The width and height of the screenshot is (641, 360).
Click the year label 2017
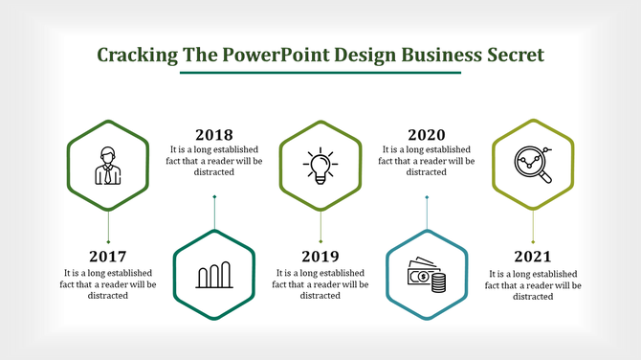107,257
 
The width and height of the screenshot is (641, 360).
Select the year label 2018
213,135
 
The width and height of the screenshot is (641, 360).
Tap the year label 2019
320,257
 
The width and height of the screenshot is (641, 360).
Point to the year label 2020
426,135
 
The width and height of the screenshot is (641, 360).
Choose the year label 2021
533,257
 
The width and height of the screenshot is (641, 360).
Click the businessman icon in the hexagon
107,166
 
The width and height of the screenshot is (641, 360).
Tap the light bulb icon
320,166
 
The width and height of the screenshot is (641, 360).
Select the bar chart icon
214,276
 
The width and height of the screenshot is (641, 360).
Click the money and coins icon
427,276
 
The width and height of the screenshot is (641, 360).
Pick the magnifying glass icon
533,165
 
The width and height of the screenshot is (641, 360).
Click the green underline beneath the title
320,73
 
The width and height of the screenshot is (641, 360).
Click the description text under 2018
213,161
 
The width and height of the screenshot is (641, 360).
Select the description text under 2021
533,284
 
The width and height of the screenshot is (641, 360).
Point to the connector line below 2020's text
427,213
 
